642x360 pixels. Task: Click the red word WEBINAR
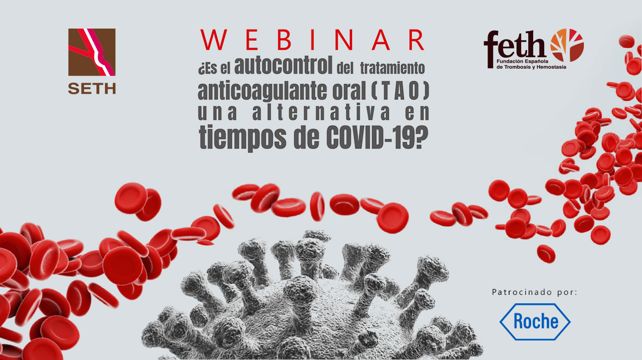[x=312, y=40]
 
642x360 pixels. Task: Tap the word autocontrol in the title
[x=283, y=65]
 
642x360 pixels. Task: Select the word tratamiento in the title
[x=392, y=68]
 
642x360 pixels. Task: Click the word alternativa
[x=321, y=112]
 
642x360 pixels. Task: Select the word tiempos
[x=242, y=137]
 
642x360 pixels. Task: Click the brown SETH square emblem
[x=92, y=52]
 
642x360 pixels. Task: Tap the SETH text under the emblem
[x=92, y=89]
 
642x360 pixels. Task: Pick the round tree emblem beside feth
[x=567, y=45]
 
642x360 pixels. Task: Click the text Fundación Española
[x=522, y=61]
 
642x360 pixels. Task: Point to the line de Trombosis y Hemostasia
[x=531, y=67]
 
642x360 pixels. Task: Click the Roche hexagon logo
[x=535, y=321]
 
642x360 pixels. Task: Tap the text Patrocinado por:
[x=535, y=292]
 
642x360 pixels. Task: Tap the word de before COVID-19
[x=306, y=137]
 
